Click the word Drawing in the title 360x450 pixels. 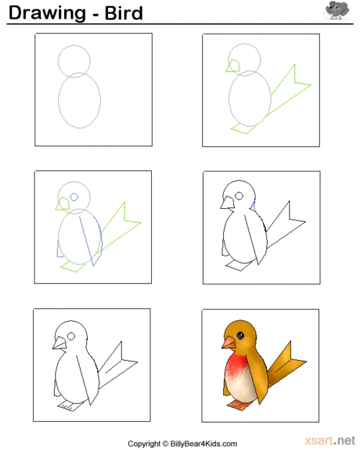click(x=48, y=13)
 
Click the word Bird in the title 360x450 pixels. click(x=124, y=13)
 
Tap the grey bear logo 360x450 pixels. click(x=337, y=11)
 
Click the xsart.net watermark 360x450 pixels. click(x=330, y=440)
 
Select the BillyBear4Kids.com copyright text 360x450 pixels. click(x=204, y=444)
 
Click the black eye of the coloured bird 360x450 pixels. click(x=240, y=336)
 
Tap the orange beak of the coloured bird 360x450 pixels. click(x=228, y=343)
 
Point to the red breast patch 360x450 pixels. click(x=236, y=367)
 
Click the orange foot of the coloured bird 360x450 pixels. click(x=239, y=405)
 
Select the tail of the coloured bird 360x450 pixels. click(x=286, y=364)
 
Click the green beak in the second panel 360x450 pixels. click(x=233, y=66)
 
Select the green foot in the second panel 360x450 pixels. click(x=243, y=128)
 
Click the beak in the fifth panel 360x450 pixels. click(x=60, y=343)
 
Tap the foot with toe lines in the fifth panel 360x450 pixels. click(x=71, y=406)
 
